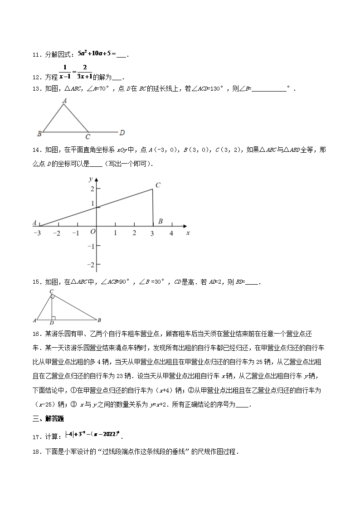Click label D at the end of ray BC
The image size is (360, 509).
point(122,133)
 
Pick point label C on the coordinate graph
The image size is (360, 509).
point(158,185)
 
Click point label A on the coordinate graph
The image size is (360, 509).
point(34,223)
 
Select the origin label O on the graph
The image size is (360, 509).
point(92,232)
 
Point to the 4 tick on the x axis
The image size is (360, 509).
point(171,233)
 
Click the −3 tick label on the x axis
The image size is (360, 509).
point(37,233)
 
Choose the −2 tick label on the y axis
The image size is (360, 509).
point(91,265)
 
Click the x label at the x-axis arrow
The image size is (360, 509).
point(188,233)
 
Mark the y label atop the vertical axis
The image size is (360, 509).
point(91,180)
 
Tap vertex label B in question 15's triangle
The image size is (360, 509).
point(99,320)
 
